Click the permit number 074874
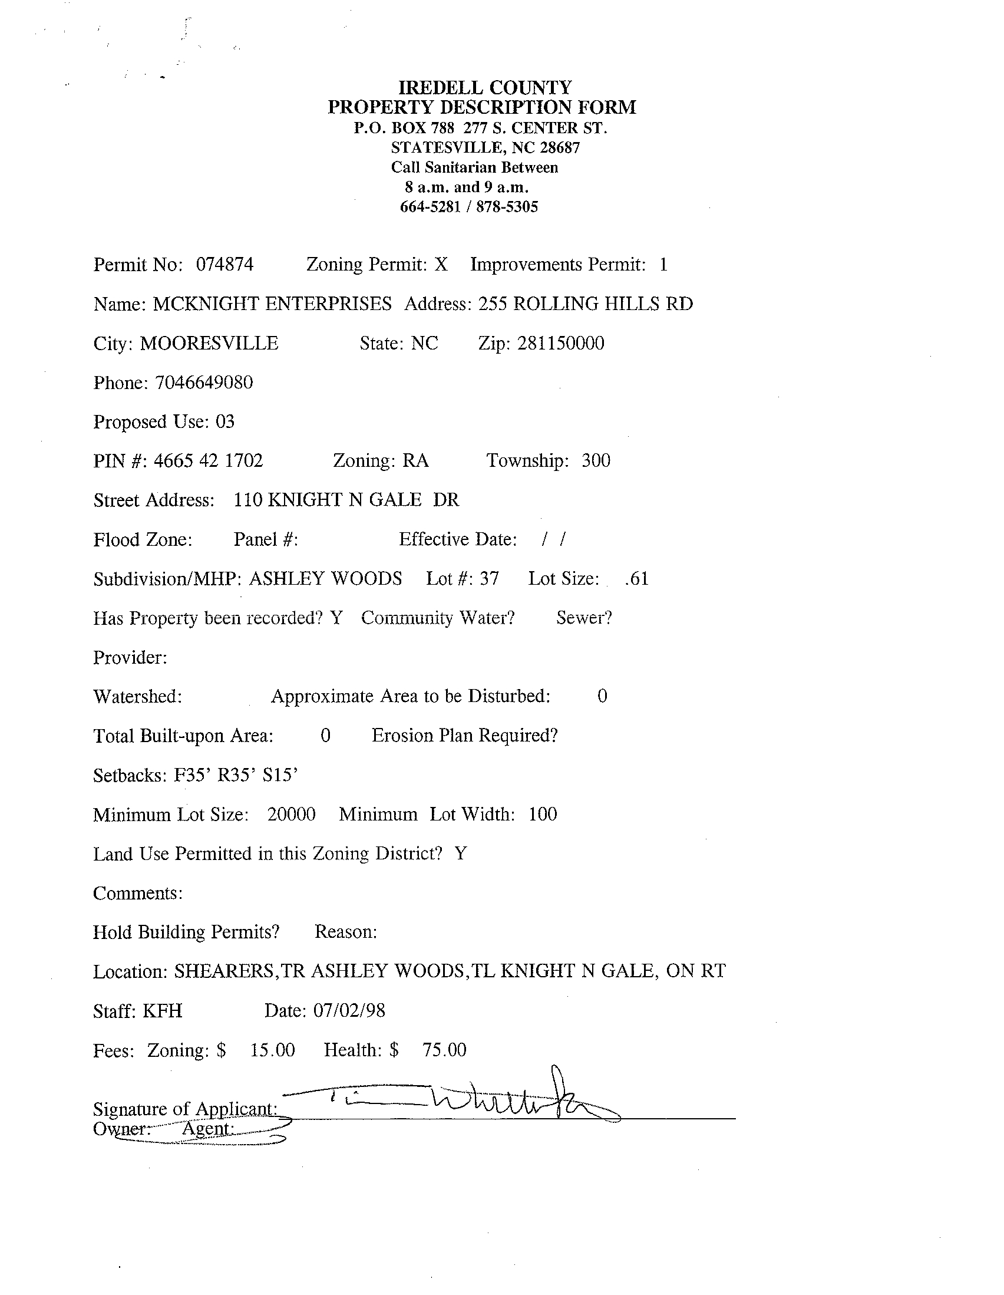tap(224, 265)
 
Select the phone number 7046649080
tap(204, 383)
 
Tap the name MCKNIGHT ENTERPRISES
tap(272, 304)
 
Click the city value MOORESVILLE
tap(209, 343)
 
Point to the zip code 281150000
tap(561, 343)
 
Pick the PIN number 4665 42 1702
tap(208, 461)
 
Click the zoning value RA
tap(415, 461)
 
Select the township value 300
tap(596, 461)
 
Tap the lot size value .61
tap(636, 579)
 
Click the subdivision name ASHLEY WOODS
tap(325, 579)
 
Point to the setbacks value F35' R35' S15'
tap(235, 775)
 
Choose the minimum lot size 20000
tap(291, 814)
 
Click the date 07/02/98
tap(349, 1010)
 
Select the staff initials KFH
tap(163, 1010)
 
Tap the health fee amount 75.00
tap(444, 1050)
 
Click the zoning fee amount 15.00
tap(272, 1050)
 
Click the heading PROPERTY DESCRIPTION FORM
tap(482, 107)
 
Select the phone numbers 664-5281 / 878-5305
tap(469, 207)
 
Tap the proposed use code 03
tap(225, 421)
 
